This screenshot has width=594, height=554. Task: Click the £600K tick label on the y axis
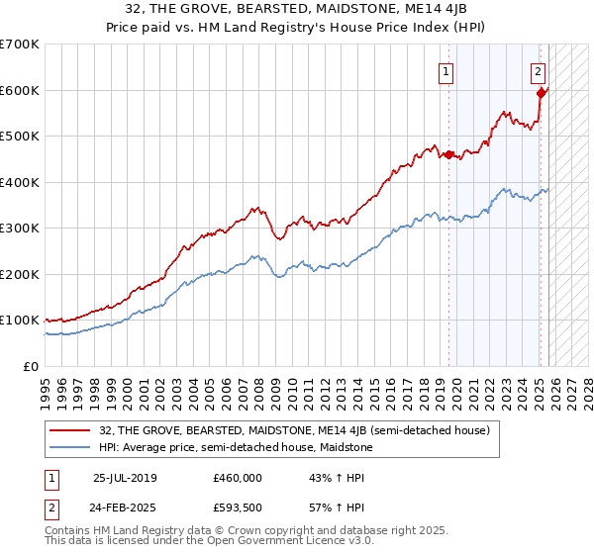(x=20, y=90)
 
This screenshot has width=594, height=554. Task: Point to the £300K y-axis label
(x=20, y=228)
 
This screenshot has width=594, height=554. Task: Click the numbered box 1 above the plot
(x=445, y=71)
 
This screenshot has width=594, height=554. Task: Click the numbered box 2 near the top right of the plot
(x=538, y=71)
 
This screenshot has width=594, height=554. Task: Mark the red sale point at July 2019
(x=448, y=154)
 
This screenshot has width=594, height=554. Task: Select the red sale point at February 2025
(x=541, y=94)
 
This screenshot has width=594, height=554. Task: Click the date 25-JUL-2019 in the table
(x=125, y=478)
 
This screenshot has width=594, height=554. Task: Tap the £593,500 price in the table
(x=238, y=509)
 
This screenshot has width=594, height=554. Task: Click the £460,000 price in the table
(x=238, y=478)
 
